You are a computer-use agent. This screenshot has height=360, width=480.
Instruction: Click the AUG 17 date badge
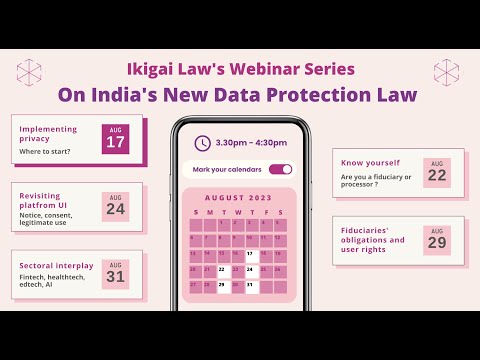point(116,139)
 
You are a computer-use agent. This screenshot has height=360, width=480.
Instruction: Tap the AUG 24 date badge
point(116,206)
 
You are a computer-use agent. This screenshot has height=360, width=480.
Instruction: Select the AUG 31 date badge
point(116,271)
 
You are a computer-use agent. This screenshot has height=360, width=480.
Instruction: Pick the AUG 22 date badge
point(436,172)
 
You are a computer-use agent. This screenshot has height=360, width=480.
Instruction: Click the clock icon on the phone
point(203,143)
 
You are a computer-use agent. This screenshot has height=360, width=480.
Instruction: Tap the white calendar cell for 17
point(250,254)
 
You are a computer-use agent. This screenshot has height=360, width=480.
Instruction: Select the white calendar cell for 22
point(222,270)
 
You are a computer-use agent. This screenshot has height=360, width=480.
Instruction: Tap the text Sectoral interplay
point(56,265)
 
